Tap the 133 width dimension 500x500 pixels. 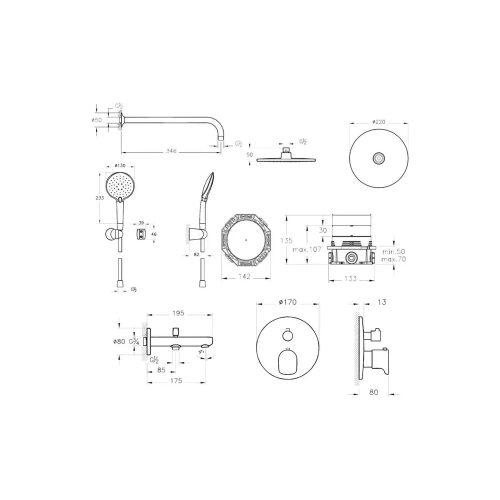[351, 278]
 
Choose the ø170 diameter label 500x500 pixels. [287, 301]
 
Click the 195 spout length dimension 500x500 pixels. [178, 313]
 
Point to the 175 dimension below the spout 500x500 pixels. [175, 381]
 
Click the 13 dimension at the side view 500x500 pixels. [382, 302]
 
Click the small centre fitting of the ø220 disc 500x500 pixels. [379, 158]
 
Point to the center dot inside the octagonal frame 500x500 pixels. [245, 239]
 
